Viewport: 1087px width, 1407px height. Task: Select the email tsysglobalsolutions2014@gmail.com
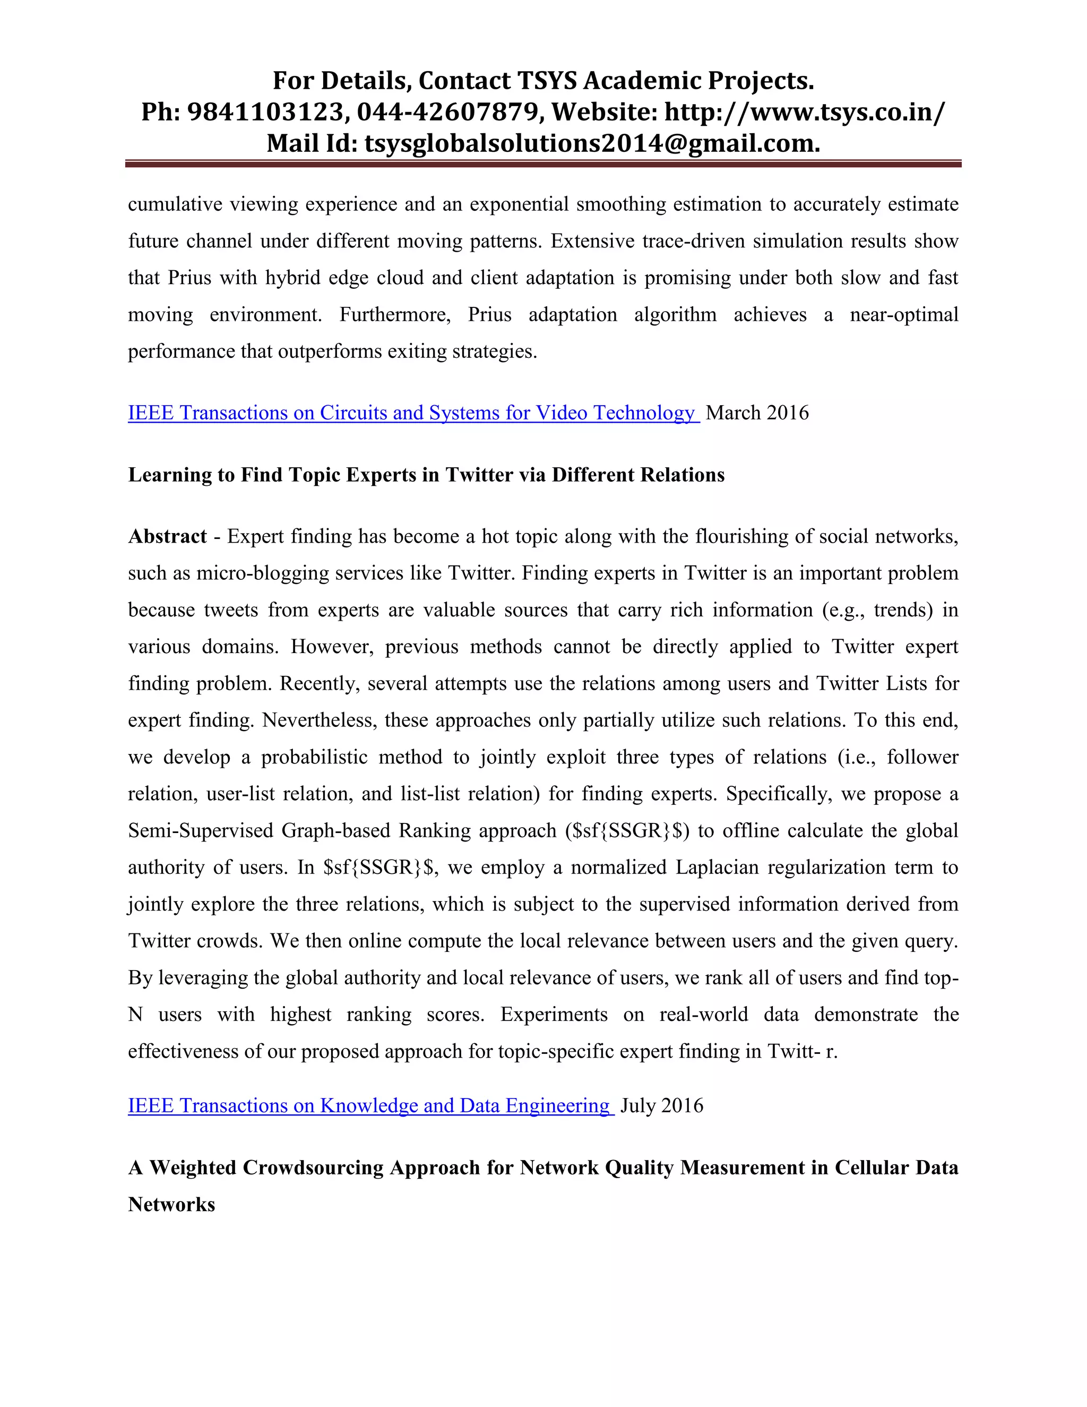(x=592, y=143)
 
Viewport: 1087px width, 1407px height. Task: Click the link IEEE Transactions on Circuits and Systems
(x=412, y=413)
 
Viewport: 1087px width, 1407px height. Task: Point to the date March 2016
(x=757, y=413)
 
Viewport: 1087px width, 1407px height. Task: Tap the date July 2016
(x=661, y=1105)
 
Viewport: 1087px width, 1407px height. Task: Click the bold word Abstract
(x=167, y=536)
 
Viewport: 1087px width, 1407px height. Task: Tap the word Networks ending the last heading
(x=171, y=1204)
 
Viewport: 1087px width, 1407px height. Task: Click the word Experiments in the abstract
(x=554, y=1015)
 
